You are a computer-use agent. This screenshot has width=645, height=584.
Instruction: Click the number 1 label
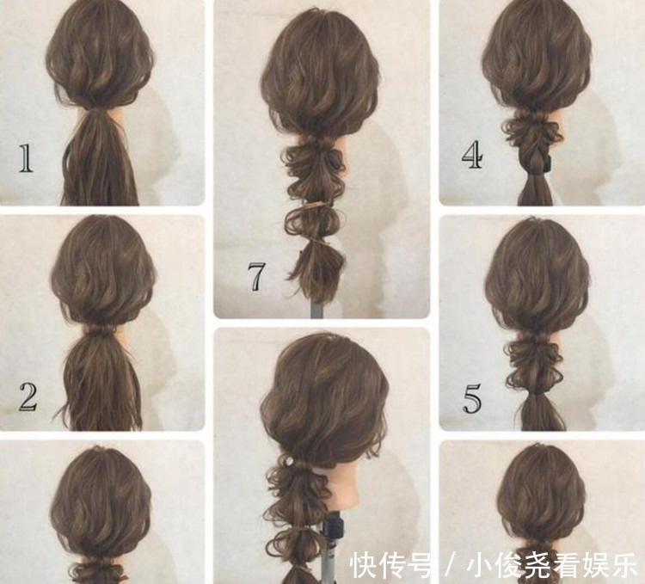click(x=26, y=159)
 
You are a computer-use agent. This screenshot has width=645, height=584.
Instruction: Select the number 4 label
click(x=471, y=157)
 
